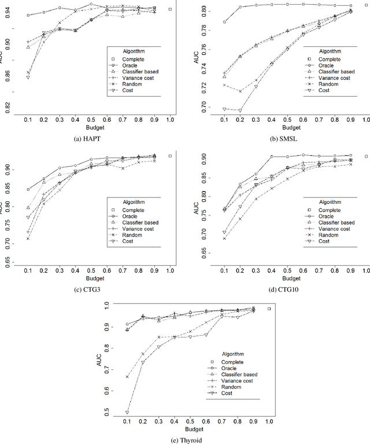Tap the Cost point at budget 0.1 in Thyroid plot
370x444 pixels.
coord(127,413)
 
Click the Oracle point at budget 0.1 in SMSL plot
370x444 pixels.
coord(225,22)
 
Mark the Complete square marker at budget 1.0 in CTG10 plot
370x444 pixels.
coord(365,156)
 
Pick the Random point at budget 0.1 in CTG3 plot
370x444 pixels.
coord(28,238)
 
